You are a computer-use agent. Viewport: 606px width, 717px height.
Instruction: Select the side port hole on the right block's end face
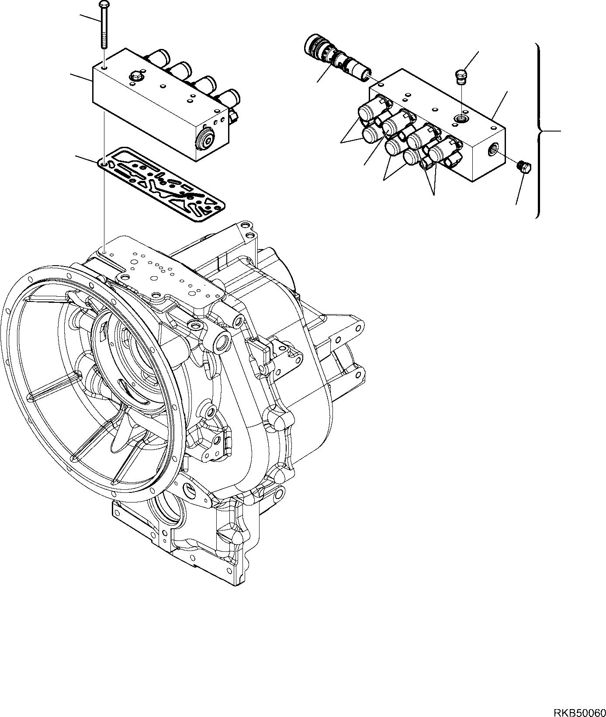click(493, 148)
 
